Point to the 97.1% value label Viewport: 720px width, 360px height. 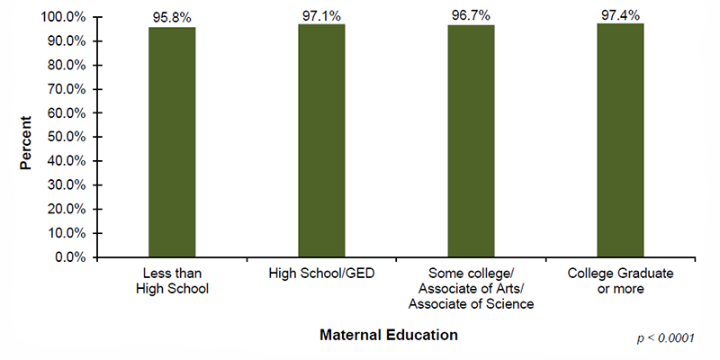tap(321, 15)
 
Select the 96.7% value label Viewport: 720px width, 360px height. tap(471, 16)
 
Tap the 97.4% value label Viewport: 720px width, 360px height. tap(620, 14)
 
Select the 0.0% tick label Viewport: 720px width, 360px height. tap(70, 257)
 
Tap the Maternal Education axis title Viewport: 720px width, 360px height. tap(388, 335)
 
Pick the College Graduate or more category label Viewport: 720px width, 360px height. tap(620, 281)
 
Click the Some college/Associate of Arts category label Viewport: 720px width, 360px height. tap(471, 288)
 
